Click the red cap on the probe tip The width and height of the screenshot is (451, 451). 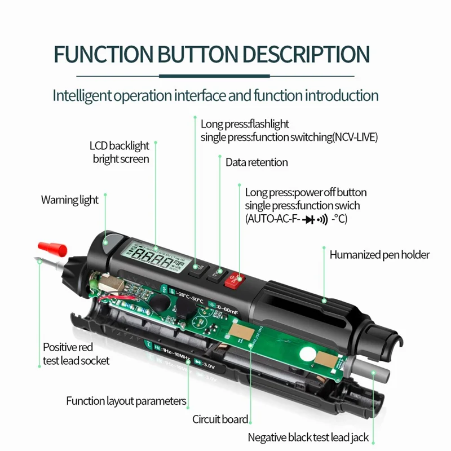click(53, 248)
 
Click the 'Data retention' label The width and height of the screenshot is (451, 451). click(257, 162)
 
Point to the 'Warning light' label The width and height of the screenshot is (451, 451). click(69, 200)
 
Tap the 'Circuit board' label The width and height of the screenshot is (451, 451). click(220, 419)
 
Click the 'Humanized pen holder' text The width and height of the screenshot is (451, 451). click(379, 255)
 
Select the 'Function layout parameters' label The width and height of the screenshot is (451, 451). click(126, 401)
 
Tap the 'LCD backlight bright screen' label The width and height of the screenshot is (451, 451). click(120, 152)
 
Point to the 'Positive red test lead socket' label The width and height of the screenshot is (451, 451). click(76, 353)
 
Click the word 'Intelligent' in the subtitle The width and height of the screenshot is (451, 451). click(81, 95)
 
